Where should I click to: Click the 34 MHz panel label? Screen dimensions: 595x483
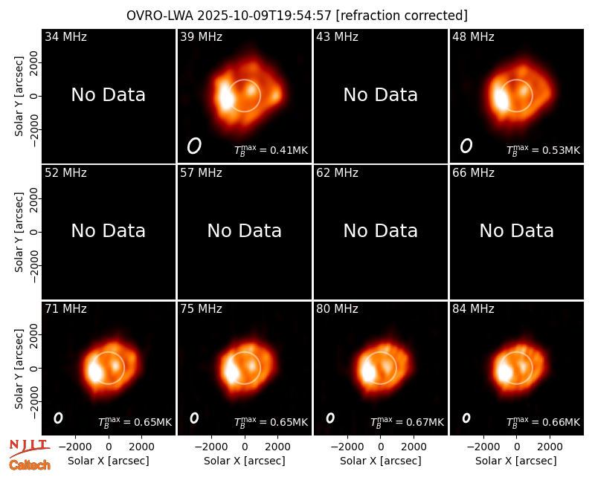click(x=65, y=36)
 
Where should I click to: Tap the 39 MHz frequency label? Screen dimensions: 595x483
click(x=201, y=36)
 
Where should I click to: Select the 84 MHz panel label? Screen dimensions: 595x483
click(x=473, y=308)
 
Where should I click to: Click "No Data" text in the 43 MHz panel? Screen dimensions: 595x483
click(x=381, y=95)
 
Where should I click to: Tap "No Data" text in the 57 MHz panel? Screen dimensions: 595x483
click(x=245, y=230)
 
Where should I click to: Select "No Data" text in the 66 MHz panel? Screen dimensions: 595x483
click(x=516, y=230)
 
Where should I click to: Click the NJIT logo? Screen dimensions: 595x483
click(x=29, y=448)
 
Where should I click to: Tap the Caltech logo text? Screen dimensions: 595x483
click(x=30, y=465)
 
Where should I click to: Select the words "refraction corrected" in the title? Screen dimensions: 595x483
click(x=402, y=16)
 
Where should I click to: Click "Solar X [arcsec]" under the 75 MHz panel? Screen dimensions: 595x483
click(x=245, y=461)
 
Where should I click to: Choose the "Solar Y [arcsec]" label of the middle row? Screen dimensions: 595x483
click(x=19, y=232)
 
